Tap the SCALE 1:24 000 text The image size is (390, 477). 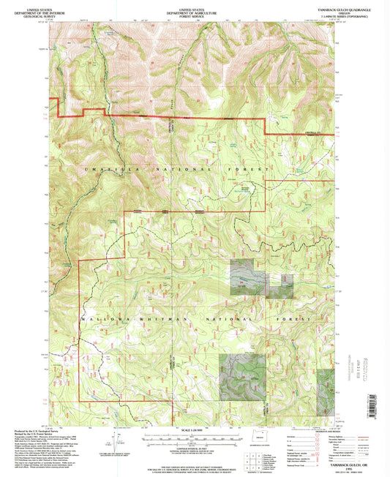coord(195,429)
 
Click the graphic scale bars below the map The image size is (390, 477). coord(195,437)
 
